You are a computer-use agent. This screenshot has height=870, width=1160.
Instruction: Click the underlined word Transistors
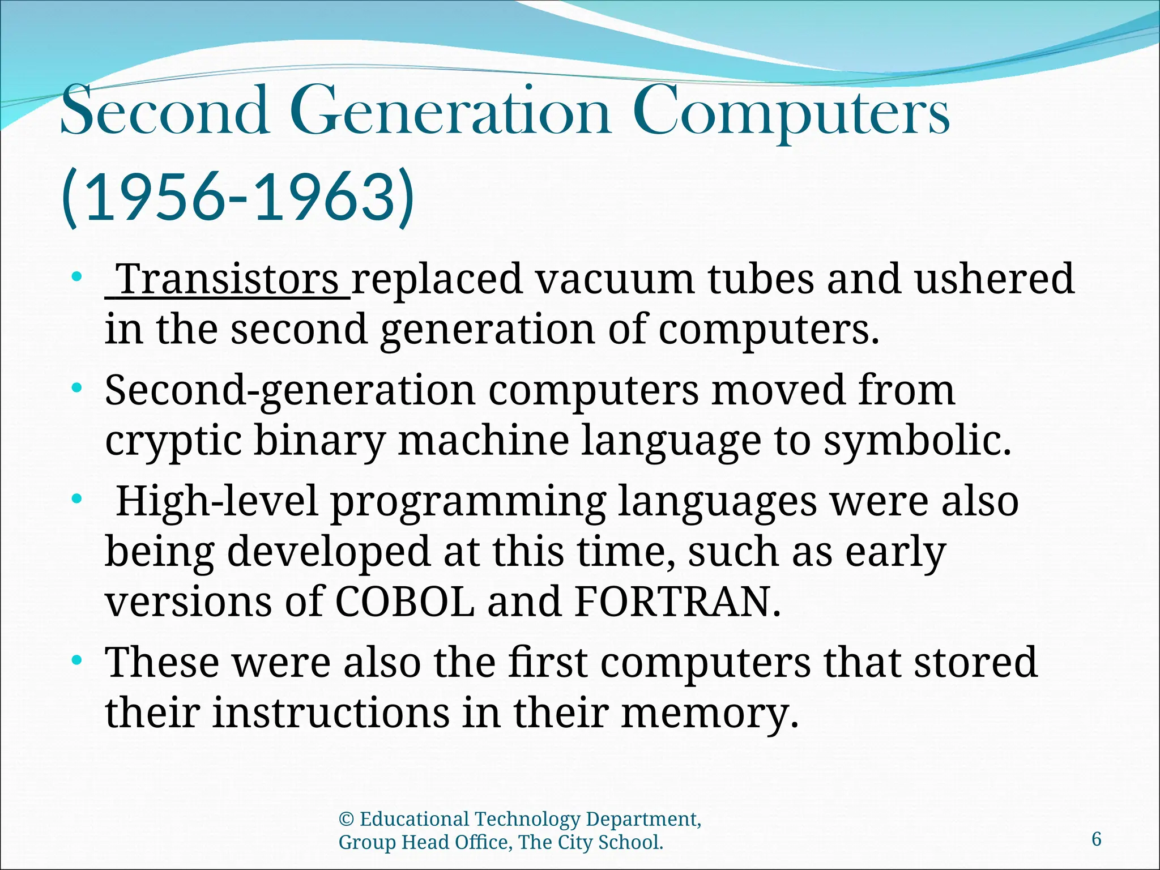[229, 279]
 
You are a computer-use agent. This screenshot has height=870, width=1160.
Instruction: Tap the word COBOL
[404, 602]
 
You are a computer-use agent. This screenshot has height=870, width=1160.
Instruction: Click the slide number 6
[1097, 839]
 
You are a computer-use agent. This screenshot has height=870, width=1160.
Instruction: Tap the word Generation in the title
[453, 111]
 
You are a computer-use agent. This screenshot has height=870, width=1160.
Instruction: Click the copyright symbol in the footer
[346, 820]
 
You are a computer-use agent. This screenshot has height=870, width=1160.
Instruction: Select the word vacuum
[614, 279]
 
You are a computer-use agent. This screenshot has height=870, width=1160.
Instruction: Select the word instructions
[331, 713]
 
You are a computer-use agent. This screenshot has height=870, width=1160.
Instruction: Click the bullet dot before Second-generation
[78, 389]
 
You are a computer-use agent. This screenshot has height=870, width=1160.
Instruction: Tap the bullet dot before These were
[78, 660]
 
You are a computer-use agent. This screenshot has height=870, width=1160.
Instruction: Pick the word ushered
[995, 279]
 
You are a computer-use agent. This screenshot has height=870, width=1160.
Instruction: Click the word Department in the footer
[643, 820]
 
